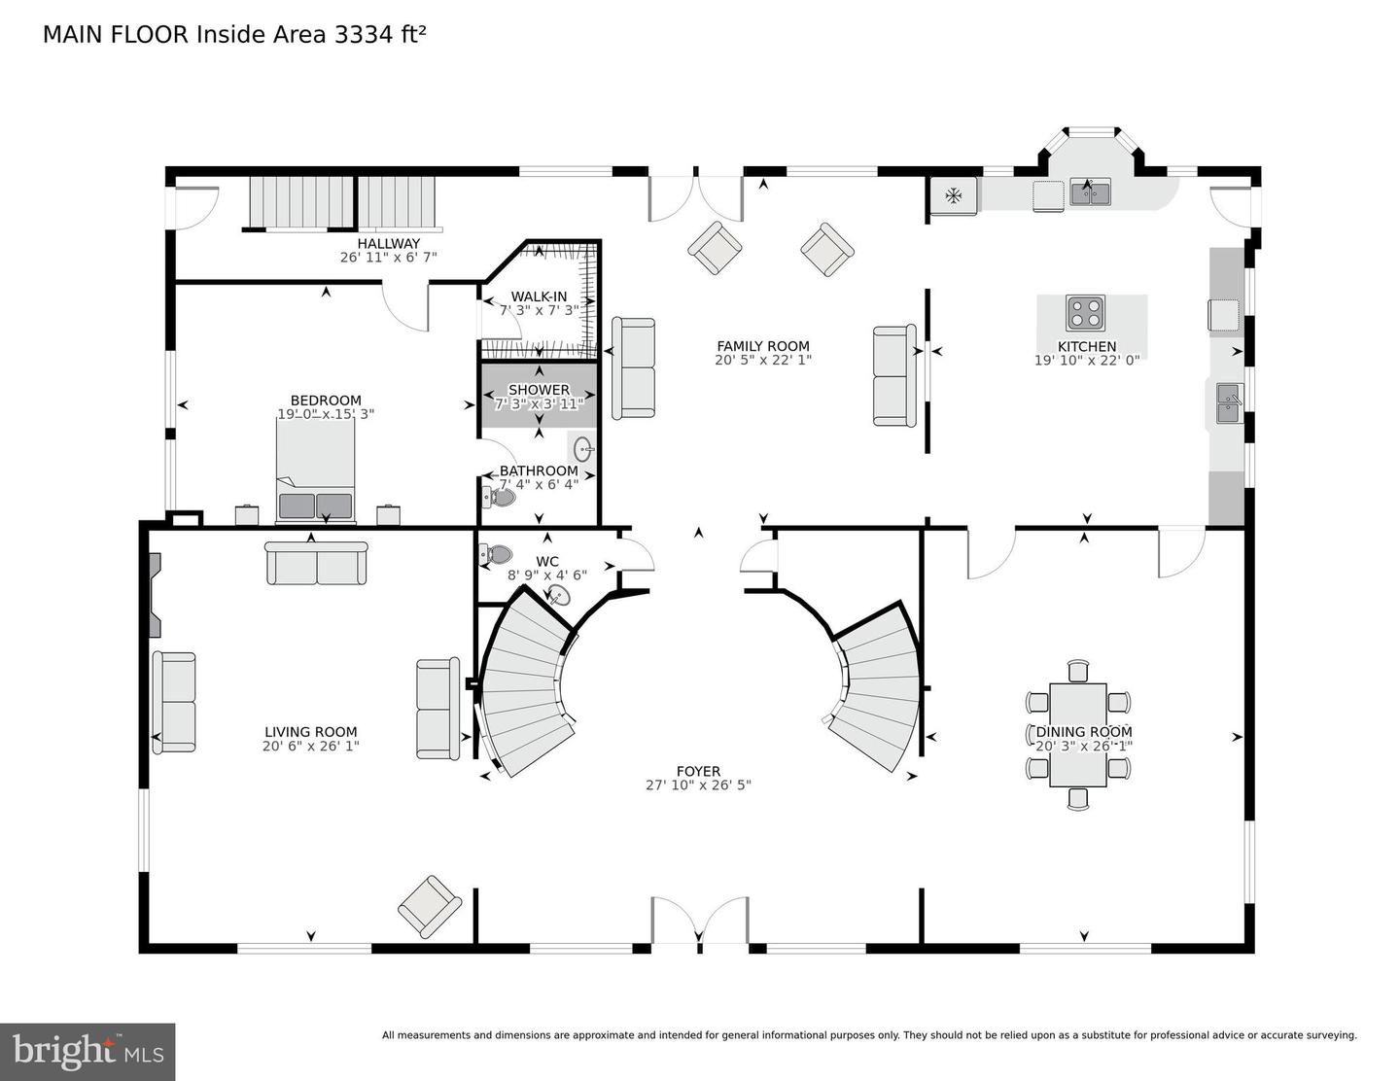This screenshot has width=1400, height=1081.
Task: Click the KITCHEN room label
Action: [x=1086, y=347]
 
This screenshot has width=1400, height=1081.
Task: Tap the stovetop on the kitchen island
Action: [x=1085, y=313]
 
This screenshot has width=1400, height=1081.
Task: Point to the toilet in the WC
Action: [x=496, y=555]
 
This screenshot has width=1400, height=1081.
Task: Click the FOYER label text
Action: [x=698, y=772]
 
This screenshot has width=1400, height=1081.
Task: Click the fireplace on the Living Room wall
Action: [x=154, y=596]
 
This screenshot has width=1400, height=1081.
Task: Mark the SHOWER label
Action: [x=539, y=390]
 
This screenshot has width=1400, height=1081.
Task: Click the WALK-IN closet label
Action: [x=539, y=296]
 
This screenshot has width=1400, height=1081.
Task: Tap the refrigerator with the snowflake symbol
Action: [x=954, y=195]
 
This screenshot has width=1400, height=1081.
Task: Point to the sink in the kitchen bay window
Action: [x=1090, y=192]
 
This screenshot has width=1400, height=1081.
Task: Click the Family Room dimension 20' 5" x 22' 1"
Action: [x=762, y=360]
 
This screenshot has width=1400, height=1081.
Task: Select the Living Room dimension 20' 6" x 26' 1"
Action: [x=310, y=747]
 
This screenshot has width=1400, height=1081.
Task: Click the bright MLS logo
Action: [x=87, y=1051]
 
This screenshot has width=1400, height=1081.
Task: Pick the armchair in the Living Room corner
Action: [x=429, y=906]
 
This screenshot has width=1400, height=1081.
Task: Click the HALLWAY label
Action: [x=388, y=244]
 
